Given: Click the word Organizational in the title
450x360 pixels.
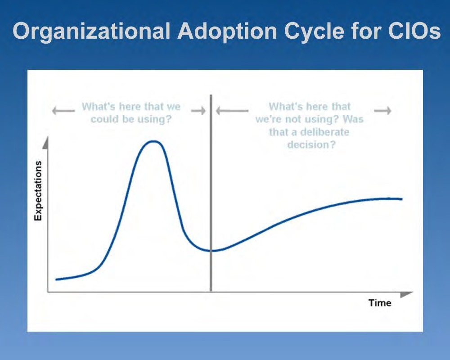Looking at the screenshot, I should click(90, 31).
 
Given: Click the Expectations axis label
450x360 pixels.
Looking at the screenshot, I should click(38, 190).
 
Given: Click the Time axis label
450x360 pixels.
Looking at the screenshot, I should click(380, 302).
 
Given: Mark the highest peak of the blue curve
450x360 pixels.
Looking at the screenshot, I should click(153, 141).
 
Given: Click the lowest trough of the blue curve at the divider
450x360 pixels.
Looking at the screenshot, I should click(211, 251).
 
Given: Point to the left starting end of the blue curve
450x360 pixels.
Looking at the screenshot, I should click(57, 279).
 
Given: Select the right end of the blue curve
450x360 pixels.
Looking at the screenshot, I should click(401, 198).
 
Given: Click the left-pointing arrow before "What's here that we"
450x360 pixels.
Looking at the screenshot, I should click(63, 110).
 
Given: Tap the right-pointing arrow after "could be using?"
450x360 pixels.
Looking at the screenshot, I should click(198, 110).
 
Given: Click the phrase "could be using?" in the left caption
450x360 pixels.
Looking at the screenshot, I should click(131, 120).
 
